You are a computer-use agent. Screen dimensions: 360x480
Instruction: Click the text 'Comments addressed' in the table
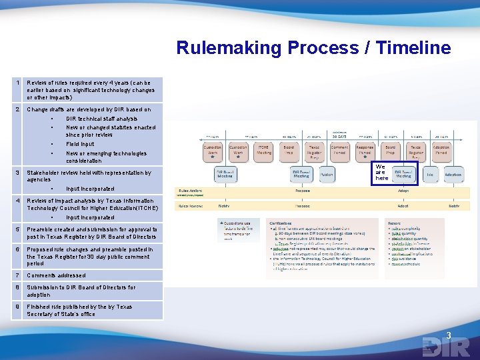pos(56,275)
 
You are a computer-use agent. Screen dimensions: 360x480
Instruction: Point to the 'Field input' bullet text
pos(80,144)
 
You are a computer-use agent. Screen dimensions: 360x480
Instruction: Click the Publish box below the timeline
pos(327,175)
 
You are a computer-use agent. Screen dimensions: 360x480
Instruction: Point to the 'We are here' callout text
pos(381,173)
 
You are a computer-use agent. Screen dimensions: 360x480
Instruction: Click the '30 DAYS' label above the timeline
pos(339,136)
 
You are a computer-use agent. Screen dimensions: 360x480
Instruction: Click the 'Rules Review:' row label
pos(190,205)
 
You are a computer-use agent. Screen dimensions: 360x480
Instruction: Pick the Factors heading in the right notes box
pos(395,223)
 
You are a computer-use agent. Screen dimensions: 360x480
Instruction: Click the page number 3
pos(449,335)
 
